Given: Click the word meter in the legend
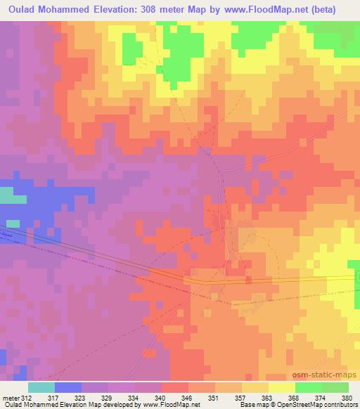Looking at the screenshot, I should point(12,397).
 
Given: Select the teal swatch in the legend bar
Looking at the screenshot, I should point(41,387).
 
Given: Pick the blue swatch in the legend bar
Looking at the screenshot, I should point(68,387).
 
